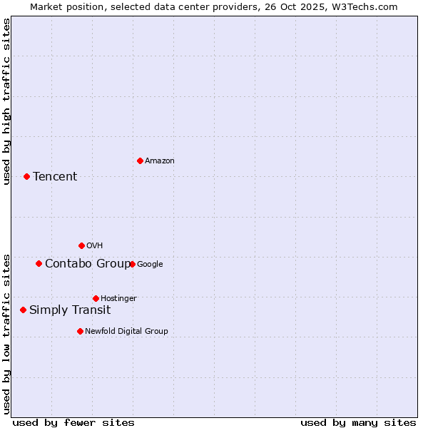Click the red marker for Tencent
pos(26,176)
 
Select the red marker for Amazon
pos(140,160)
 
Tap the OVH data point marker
pos(81,245)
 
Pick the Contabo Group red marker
pos(39,263)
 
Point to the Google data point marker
pos(132,264)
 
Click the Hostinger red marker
pos(96,298)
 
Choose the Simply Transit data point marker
pos(23,310)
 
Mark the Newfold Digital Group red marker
pos(80,331)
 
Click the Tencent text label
pos(55,177)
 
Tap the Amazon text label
pos(160,161)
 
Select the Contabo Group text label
pos(88,264)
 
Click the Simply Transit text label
pos(70,310)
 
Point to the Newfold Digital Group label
pos(126,331)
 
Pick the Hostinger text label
pos(118,298)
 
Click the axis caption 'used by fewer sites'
pos(73,423)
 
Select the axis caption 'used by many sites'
pos(358,423)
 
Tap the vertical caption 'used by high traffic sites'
pos(6,101)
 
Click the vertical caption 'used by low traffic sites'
pos(6,334)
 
